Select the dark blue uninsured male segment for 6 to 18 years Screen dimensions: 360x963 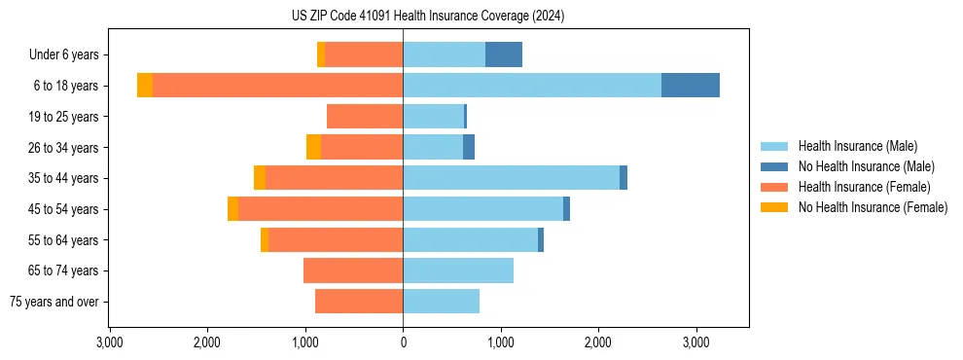691,86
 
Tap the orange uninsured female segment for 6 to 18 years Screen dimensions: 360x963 145,86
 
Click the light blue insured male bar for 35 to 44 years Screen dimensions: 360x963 511,178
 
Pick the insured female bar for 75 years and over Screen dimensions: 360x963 359,302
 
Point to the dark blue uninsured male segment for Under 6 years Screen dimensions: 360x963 504,55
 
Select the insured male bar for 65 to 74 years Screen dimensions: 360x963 458,270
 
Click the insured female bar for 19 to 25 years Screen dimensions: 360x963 365,117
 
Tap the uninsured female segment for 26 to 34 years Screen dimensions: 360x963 313,147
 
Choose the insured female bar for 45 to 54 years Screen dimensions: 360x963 320,209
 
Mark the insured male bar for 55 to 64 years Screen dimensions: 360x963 470,239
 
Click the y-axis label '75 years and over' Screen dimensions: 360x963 53,302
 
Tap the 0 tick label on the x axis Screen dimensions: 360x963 403,342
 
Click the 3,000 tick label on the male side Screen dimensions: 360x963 695,342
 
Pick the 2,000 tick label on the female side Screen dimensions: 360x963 207,342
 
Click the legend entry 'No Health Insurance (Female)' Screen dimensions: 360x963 873,207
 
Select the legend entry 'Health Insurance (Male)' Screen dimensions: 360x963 857,146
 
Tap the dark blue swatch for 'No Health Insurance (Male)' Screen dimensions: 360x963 774,166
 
